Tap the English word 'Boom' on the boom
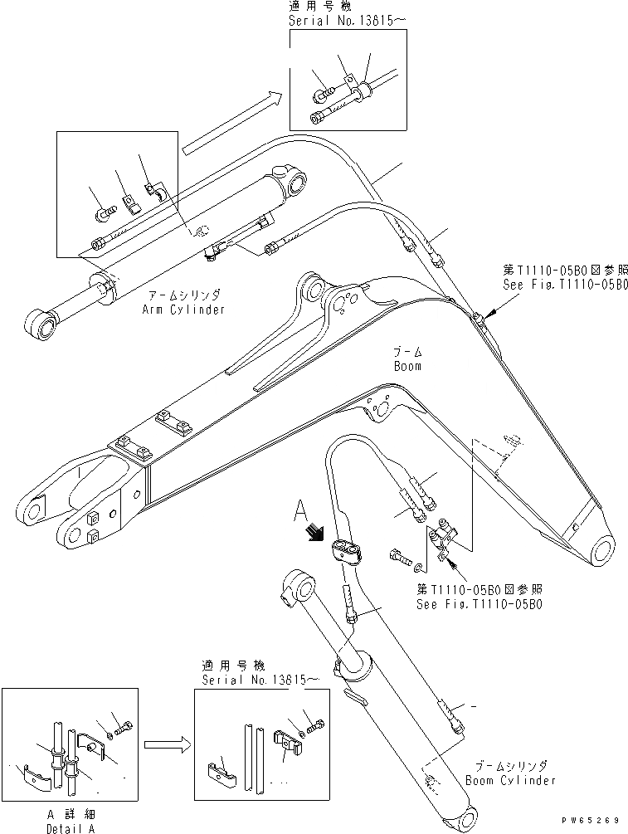point(407,366)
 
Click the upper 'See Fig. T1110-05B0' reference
point(565,284)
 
